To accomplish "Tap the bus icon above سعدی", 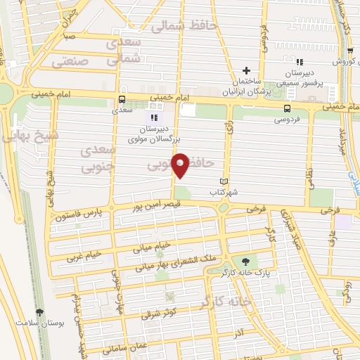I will click(122, 99).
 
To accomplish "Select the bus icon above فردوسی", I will click(286, 108).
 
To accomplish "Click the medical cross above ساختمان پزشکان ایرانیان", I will click(246, 70).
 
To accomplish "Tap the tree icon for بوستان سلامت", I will click(39, 313).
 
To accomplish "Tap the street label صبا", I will click(69, 34).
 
